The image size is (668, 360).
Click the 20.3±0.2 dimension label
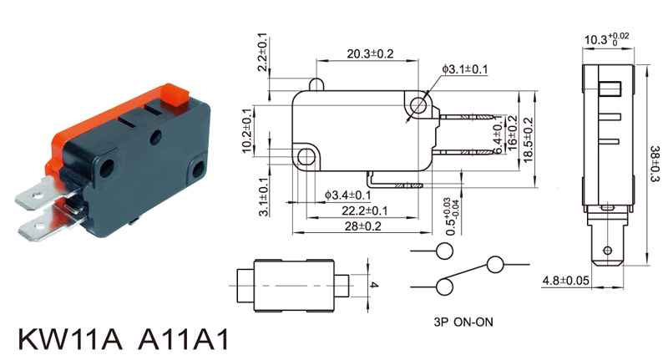point(370,54)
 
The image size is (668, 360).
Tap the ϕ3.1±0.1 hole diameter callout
point(465,68)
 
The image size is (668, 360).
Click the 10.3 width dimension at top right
point(605,39)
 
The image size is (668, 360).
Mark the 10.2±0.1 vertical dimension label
point(246,132)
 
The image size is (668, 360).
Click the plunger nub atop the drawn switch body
point(316,84)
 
